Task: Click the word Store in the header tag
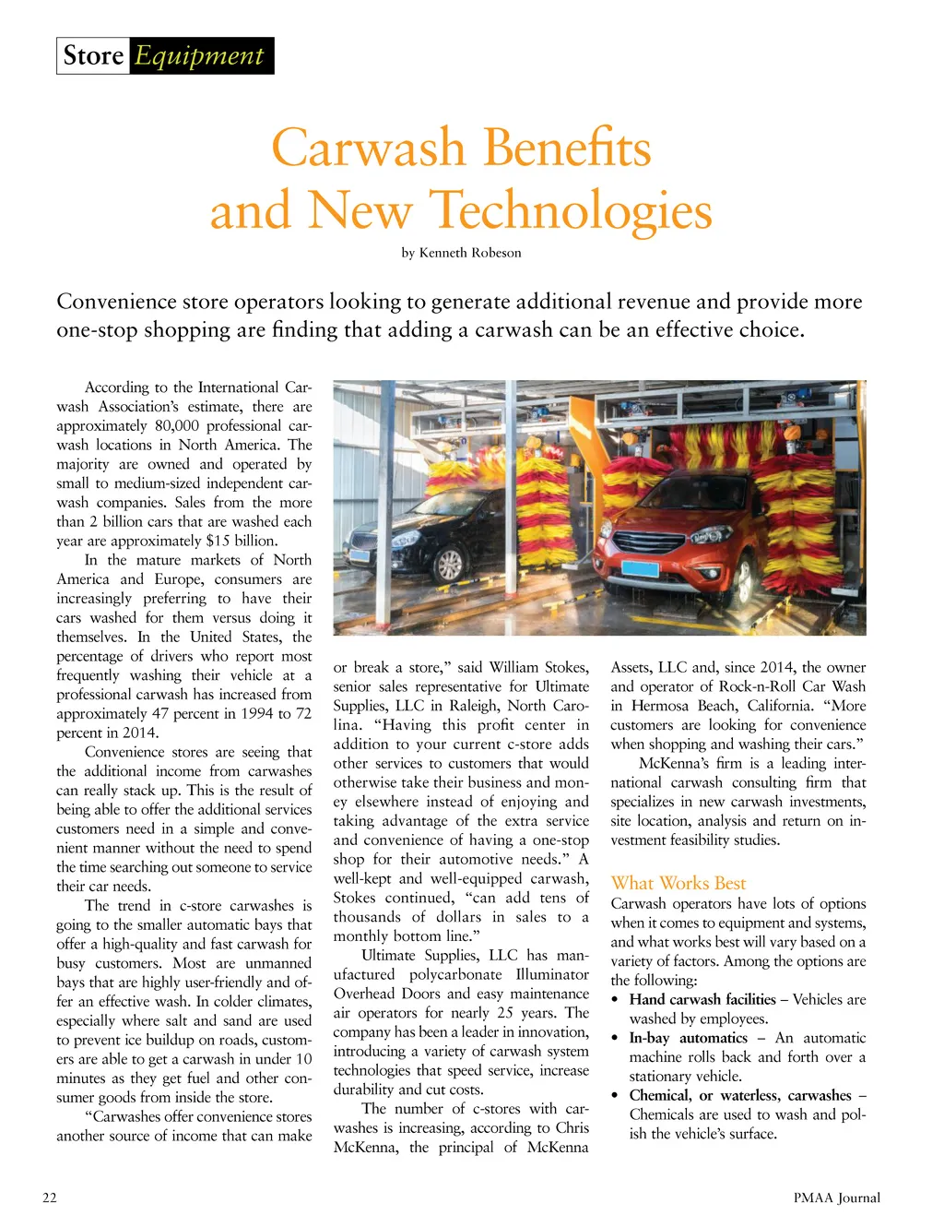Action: point(93,56)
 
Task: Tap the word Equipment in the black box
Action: point(199,56)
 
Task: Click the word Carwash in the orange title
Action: point(368,148)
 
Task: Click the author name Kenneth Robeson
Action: point(470,253)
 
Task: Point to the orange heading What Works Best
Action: point(678,883)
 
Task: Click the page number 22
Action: point(50,1197)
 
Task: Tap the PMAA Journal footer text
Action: point(836,1197)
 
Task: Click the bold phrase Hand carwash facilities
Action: point(702,999)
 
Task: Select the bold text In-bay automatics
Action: point(688,1038)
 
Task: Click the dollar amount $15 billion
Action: point(241,541)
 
